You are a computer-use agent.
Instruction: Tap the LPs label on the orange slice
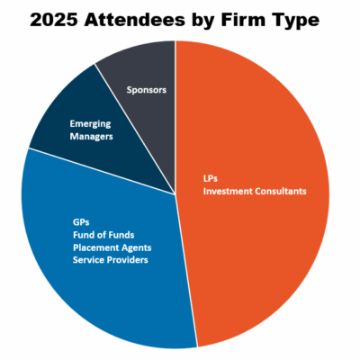[x=210, y=178]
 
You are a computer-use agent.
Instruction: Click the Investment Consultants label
[x=255, y=191]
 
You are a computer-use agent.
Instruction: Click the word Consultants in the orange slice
[x=278, y=191]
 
